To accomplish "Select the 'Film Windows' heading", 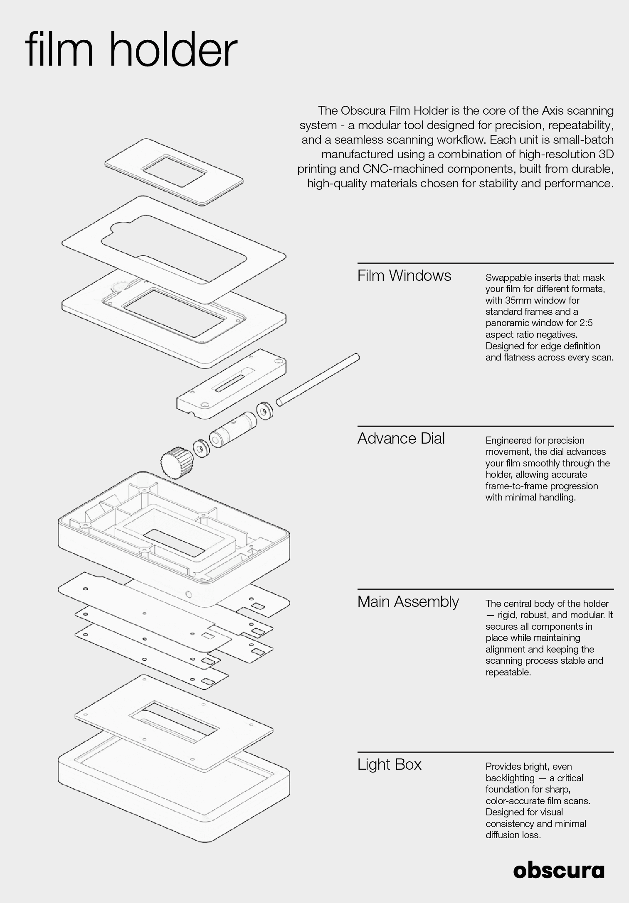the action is coord(404,276).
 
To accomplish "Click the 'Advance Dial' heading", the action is coord(401,439).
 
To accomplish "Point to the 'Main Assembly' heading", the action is coord(408,602).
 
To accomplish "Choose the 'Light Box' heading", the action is coord(390,765).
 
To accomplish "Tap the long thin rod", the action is coord(318,379).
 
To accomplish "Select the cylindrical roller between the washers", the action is coord(232,430).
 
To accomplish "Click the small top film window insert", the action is coord(174,171).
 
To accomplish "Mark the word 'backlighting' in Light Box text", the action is coord(510,778).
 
